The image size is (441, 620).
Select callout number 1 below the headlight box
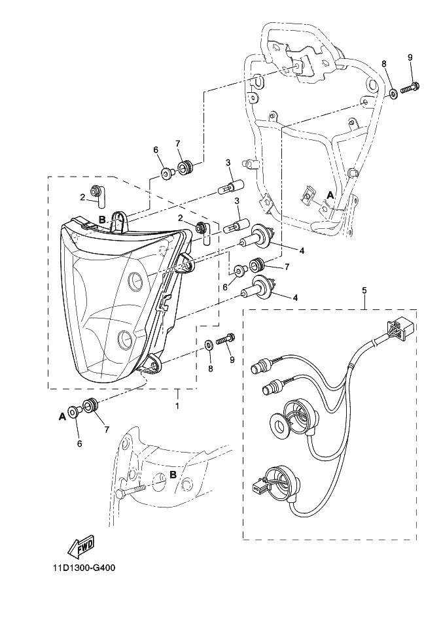[177, 406]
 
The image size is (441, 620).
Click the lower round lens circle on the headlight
[124, 339]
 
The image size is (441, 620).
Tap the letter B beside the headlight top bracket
[103, 219]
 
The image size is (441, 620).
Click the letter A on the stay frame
[330, 195]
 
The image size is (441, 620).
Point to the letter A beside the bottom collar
[63, 416]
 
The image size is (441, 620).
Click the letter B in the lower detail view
[173, 475]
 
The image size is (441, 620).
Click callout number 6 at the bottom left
[79, 443]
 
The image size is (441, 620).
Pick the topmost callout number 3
[228, 162]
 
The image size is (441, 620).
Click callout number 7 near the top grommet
[177, 143]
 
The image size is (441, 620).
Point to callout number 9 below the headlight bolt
[231, 359]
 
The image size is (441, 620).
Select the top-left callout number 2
[83, 197]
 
